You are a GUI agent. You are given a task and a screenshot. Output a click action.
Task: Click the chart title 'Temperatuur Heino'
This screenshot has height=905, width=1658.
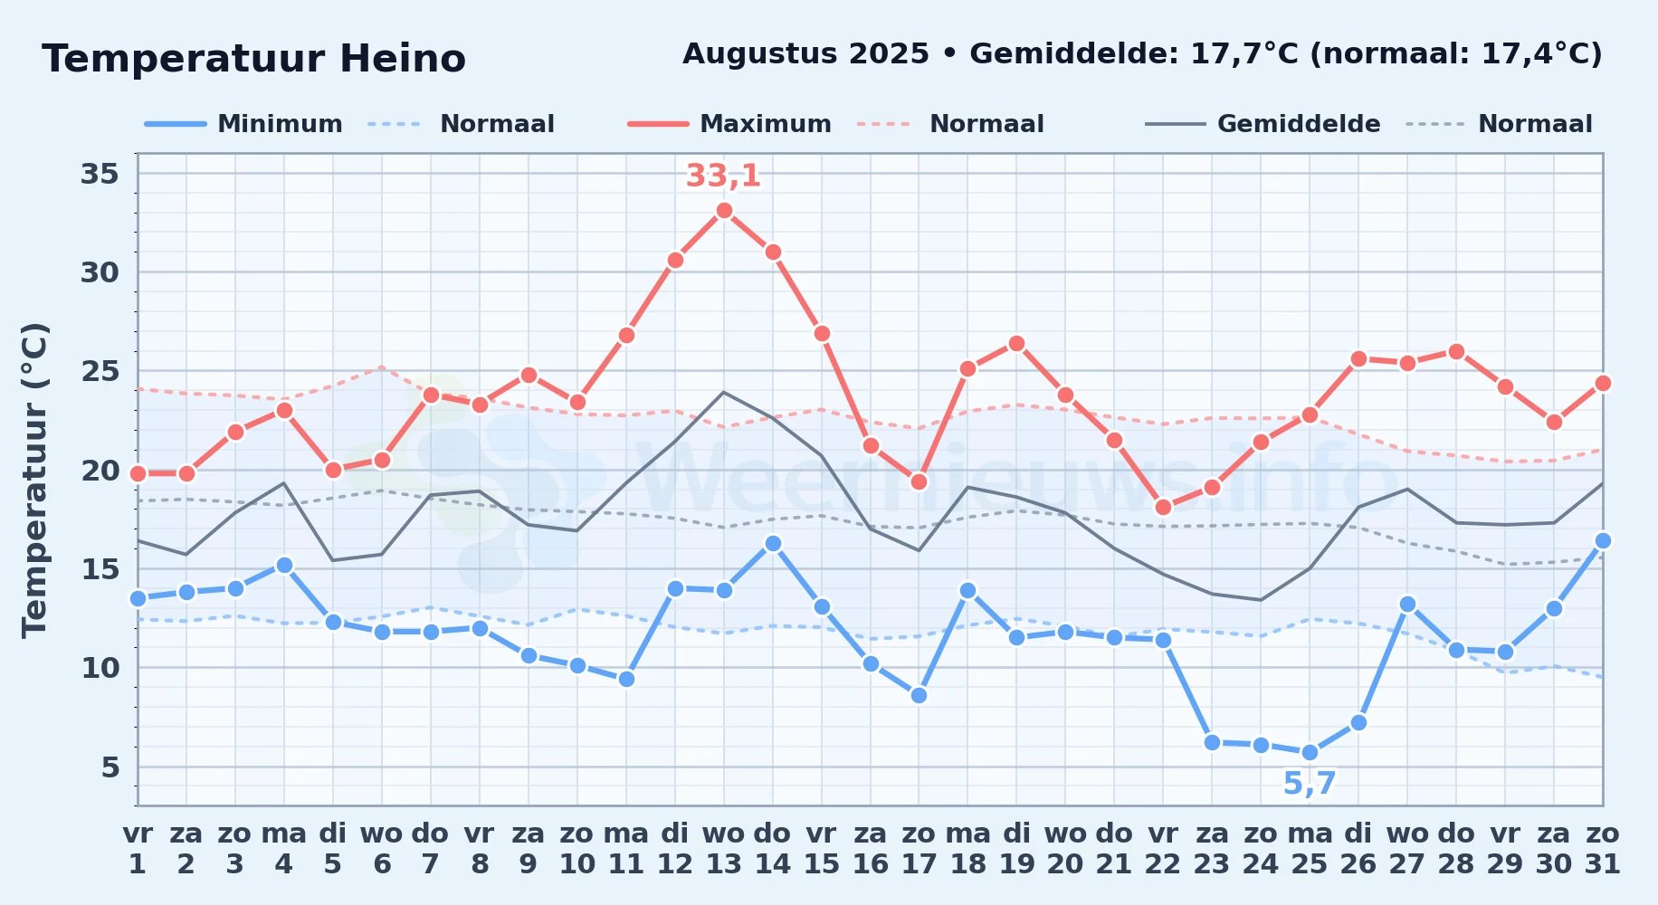[x=253, y=59]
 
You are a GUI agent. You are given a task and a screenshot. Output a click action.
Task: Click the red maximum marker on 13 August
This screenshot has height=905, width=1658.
[x=724, y=211]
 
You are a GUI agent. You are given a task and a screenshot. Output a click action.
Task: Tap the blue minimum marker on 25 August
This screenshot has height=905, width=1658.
[x=1310, y=753]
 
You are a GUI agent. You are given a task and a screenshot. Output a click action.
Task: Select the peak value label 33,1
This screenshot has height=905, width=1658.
[x=723, y=176]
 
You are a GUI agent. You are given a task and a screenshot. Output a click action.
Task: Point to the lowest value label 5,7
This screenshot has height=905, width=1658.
[x=1310, y=784]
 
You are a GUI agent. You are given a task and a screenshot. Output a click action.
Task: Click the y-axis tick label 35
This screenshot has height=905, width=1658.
[x=100, y=174]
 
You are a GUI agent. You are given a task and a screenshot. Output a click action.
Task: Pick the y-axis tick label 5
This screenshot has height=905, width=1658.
[x=110, y=767]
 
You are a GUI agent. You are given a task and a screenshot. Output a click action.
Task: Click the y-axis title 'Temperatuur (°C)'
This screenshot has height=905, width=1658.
[x=35, y=480]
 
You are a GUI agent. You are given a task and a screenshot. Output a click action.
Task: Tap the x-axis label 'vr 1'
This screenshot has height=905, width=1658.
[x=138, y=849]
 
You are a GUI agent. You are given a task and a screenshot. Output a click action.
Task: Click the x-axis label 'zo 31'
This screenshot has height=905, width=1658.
[x=1603, y=849]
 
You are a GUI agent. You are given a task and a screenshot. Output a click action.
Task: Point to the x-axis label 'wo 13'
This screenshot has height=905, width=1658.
[x=724, y=849]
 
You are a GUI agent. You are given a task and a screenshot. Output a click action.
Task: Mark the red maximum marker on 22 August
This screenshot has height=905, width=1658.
[x=1163, y=508]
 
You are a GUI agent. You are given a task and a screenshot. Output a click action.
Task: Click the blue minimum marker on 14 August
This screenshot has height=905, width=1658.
[x=773, y=544]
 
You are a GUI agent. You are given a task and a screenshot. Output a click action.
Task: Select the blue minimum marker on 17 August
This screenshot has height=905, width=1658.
[x=919, y=696]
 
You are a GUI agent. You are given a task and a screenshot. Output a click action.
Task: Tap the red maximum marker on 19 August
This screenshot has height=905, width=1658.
[x=1016, y=344]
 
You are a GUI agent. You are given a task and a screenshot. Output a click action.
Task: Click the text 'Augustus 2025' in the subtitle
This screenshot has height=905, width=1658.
[x=805, y=54]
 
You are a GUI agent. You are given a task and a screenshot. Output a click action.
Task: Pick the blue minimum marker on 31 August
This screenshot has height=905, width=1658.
[x=1603, y=541]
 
